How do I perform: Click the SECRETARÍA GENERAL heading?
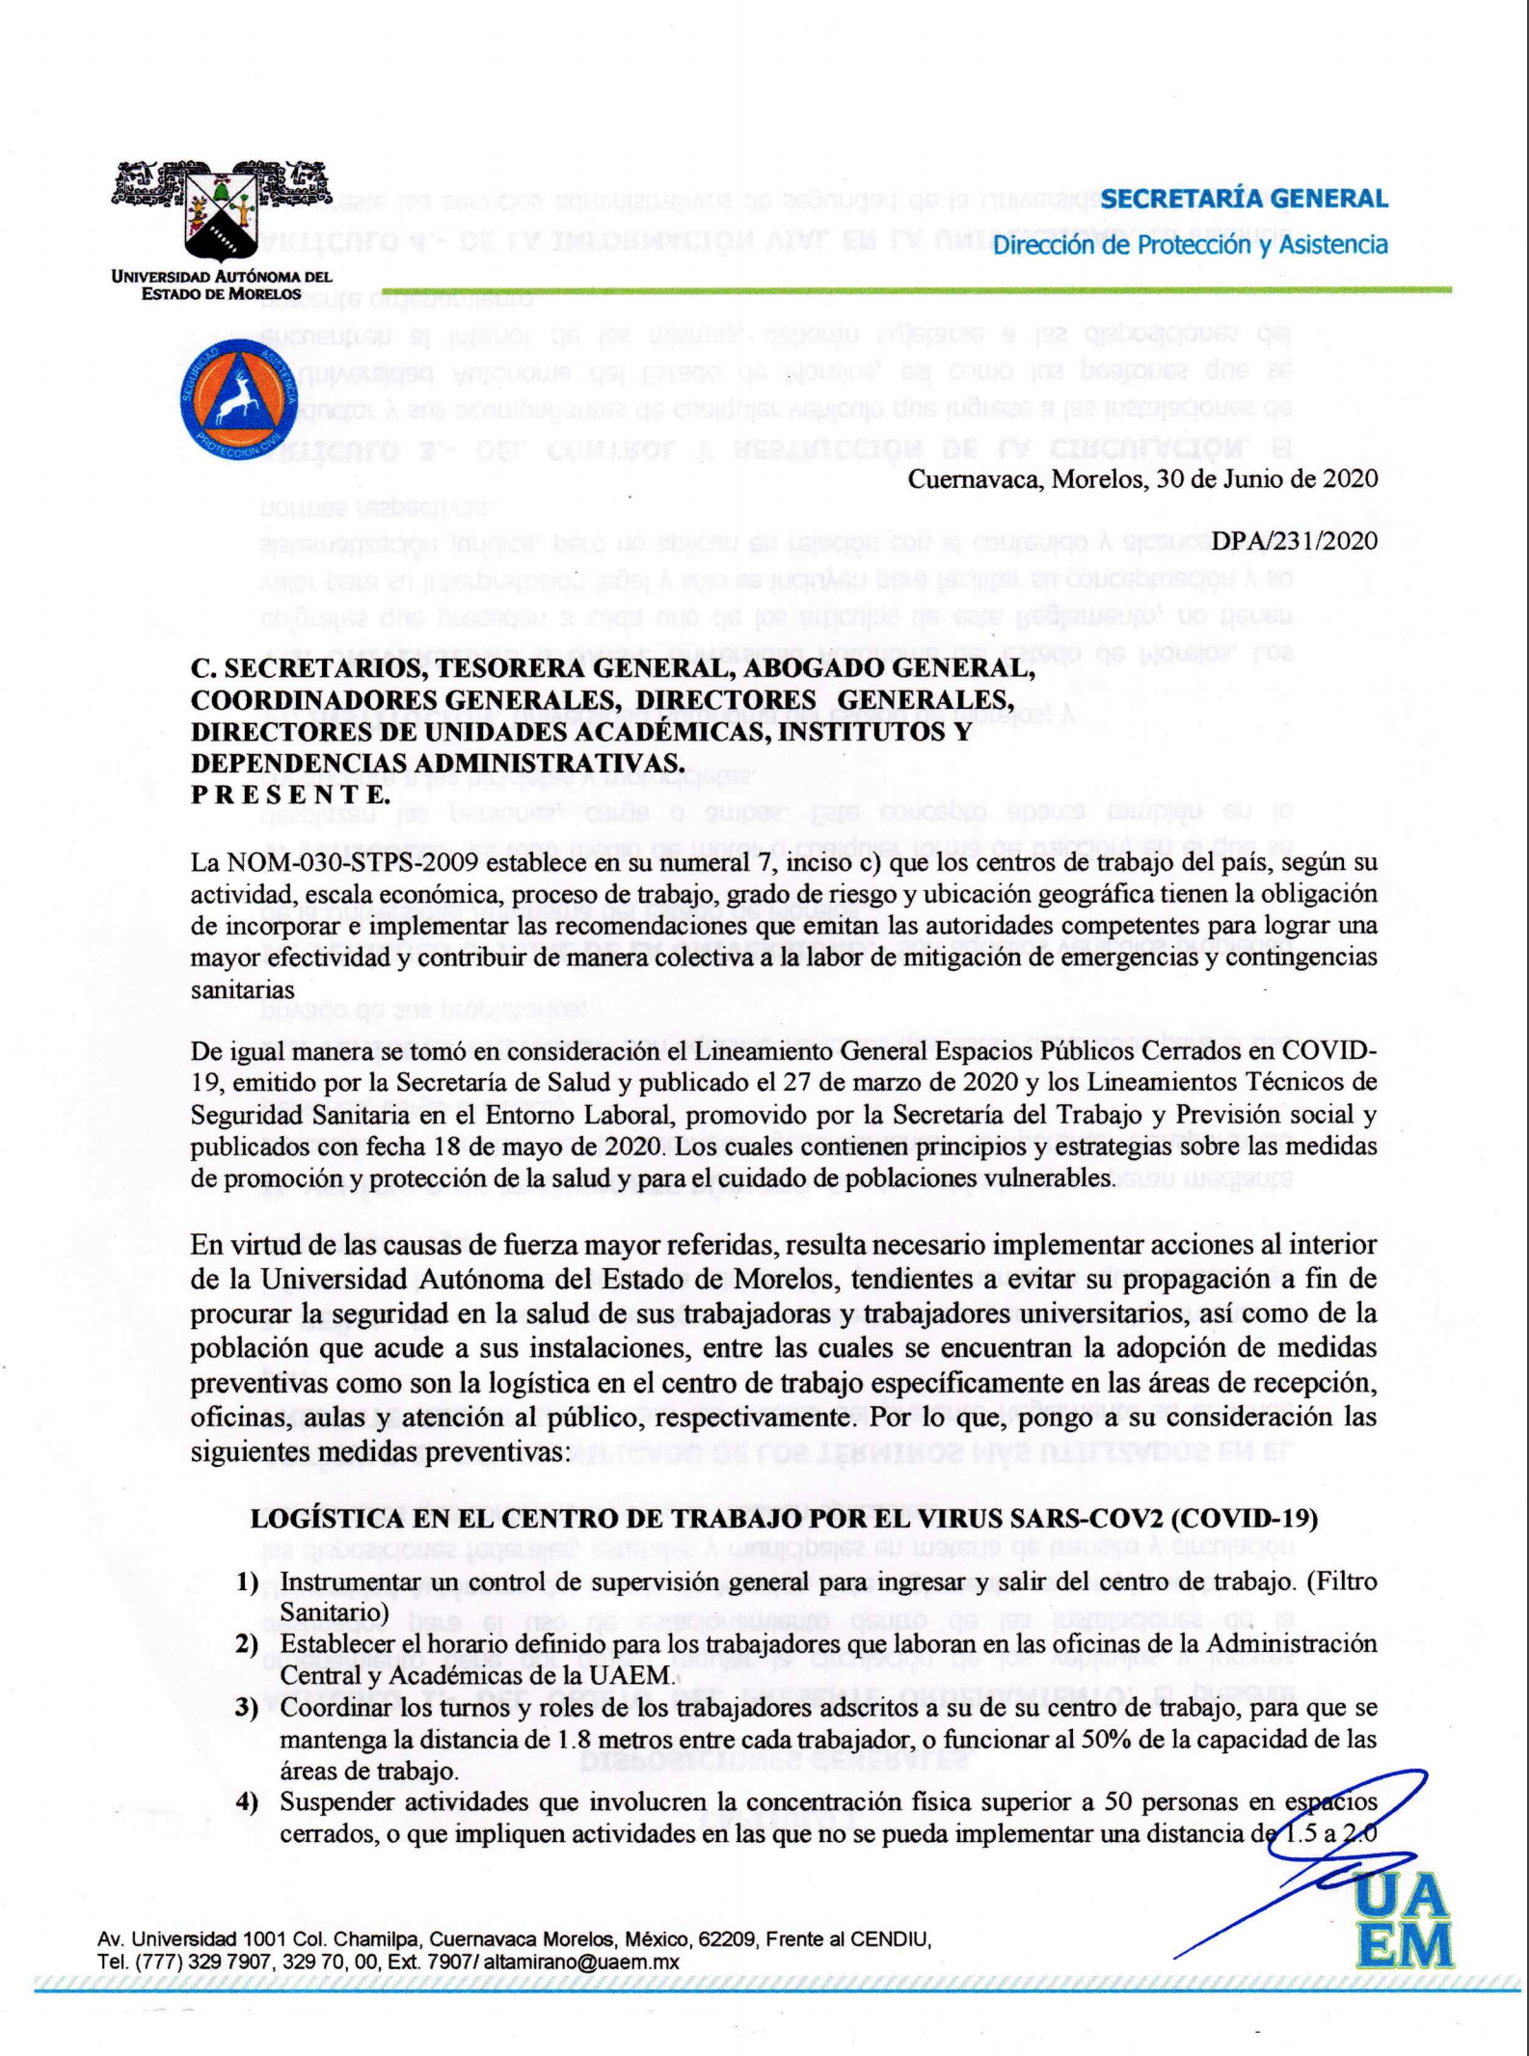[x=1243, y=200]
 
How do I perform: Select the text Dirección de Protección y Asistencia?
[x=1190, y=245]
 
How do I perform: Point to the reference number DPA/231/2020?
[x=1294, y=542]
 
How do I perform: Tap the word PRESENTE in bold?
[x=290, y=795]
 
